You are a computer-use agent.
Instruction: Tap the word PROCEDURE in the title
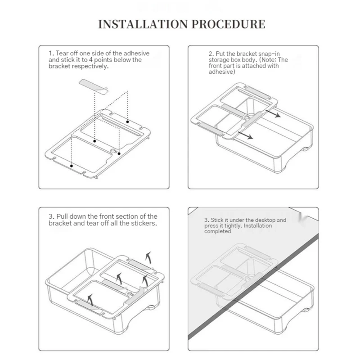[x=229, y=24]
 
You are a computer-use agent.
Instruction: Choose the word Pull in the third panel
[x=62, y=216]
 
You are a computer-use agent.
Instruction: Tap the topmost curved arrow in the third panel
[x=149, y=257]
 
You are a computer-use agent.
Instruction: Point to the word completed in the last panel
[x=217, y=232]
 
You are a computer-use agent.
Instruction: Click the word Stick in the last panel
[x=218, y=220]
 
